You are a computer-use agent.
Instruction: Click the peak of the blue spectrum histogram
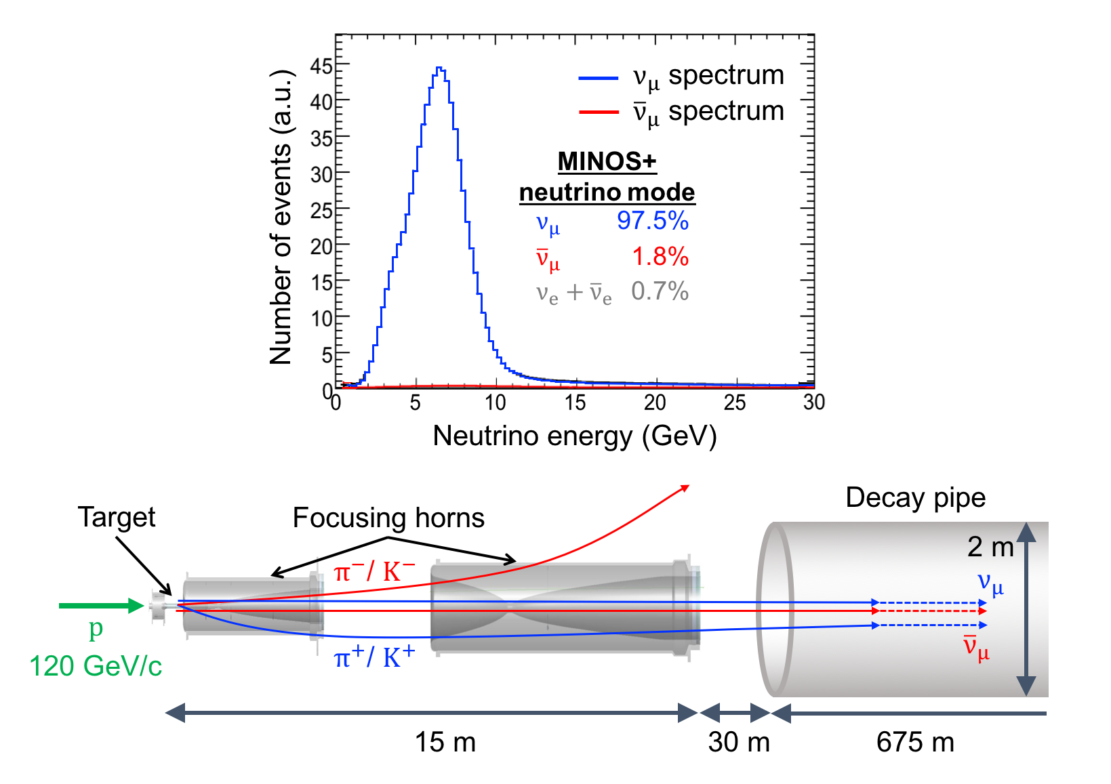coord(439,68)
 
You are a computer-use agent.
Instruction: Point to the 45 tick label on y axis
coord(321,66)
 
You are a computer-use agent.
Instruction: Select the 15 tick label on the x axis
coord(575,403)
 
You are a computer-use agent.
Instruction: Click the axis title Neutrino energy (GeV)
coord(575,436)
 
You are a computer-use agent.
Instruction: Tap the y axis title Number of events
coord(281,217)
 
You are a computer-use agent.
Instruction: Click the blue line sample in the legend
coord(599,79)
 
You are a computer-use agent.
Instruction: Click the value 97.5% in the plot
coord(652,220)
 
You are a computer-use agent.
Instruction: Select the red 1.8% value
coord(660,257)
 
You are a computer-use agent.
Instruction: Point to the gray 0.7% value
coord(660,291)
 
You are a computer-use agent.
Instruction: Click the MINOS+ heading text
coord(607,161)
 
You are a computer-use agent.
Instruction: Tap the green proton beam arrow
coord(102,605)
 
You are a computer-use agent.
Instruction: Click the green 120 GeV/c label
coord(96,666)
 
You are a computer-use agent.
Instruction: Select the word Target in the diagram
coord(117,517)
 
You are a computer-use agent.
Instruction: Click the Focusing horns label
coord(388,518)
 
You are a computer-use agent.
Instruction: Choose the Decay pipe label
coord(915,497)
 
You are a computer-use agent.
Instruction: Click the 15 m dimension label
coord(445,742)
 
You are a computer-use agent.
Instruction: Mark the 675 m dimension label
coord(915,742)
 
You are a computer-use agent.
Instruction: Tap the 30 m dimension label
coord(739,742)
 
